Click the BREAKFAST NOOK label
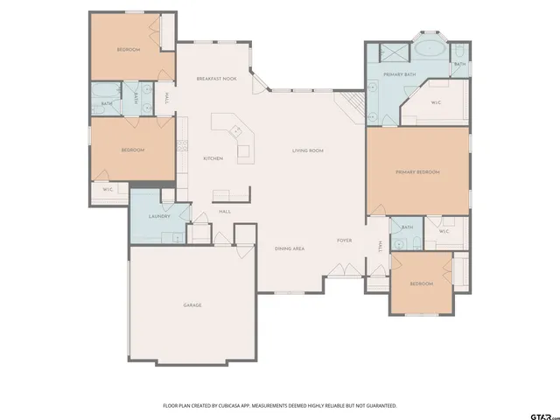[x=217, y=79]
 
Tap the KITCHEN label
[x=213, y=158]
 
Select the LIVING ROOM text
[x=308, y=150]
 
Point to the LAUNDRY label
[x=158, y=216]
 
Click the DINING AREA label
[x=290, y=249]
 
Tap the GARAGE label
[x=192, y=304]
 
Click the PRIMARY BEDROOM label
[x=417, y=172]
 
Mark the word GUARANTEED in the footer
[x=380, y=406]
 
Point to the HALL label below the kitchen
[x=225, y=212]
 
